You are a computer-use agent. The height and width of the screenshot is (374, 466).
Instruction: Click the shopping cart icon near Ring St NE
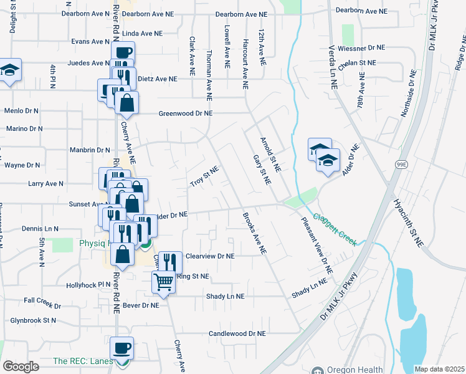coord(163,282)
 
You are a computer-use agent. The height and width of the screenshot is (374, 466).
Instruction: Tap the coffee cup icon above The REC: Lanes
coord(122,348)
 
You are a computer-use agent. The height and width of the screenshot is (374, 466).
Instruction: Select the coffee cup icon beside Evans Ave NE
coord(123,52)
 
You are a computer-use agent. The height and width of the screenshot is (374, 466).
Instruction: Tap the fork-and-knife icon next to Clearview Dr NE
coord(169,262)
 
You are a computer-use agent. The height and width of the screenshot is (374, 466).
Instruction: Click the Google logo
coord(21,367)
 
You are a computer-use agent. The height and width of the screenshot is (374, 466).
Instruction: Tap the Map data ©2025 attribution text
coord(439,369)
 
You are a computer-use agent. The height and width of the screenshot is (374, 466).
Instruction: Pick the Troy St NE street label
coord(205,176)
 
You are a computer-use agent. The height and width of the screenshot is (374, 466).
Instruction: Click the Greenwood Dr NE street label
coord(186,113)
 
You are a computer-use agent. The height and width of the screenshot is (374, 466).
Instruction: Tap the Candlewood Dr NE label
coord(237,334)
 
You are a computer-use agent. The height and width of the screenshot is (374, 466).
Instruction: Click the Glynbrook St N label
coord(32,320)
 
